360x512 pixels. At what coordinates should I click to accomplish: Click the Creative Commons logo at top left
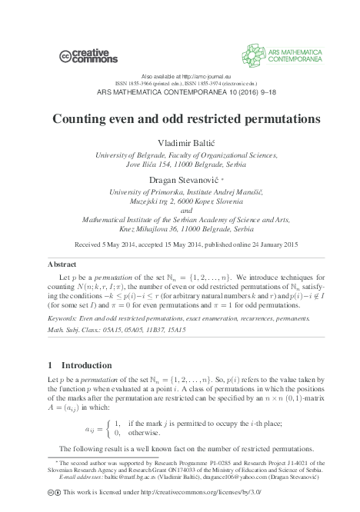(x=88, y=55)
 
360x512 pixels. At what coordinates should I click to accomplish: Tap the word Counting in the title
(x=82, y=120)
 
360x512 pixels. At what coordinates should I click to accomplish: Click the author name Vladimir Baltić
(x=180, y=144)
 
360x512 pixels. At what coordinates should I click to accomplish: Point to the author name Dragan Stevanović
(x=178, y=180)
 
